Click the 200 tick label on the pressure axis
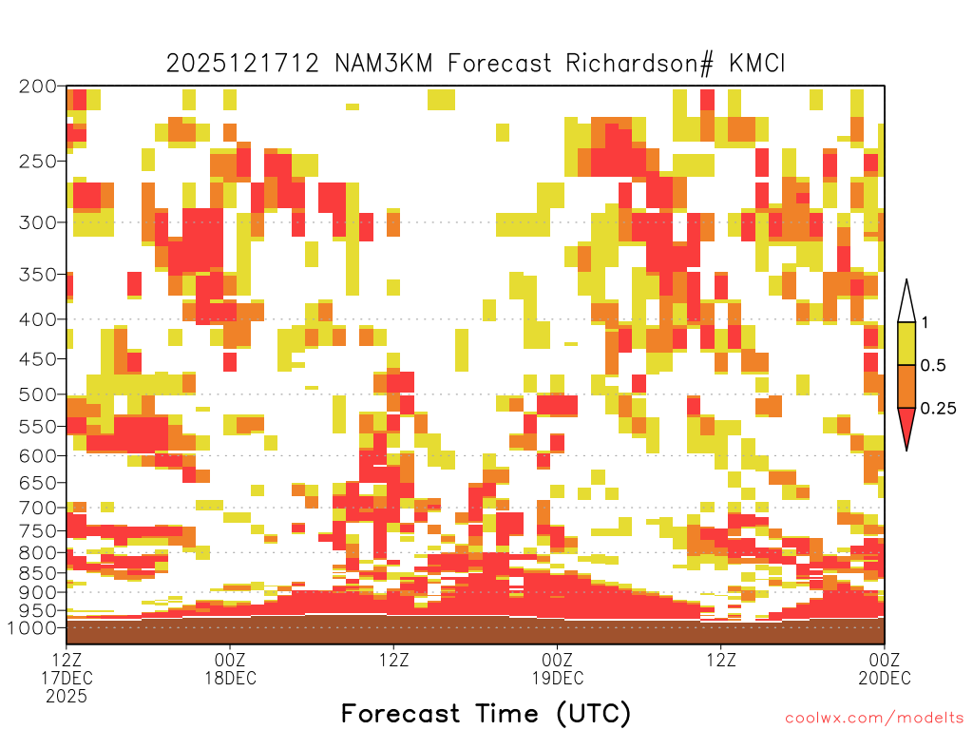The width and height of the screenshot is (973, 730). click(38, 86)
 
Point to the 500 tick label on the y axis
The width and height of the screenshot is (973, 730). click(38, 394)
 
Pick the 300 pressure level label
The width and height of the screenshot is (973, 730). click(38, 222)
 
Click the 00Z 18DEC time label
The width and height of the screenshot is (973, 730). click(230, 668)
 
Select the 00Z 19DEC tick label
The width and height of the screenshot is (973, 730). click(557, 668)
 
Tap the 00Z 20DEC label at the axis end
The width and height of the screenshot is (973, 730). click(885, 668)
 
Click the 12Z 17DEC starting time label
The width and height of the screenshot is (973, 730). click(67, 668)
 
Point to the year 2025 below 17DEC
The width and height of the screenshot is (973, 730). click(67, 697)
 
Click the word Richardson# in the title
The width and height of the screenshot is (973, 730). click(639, 64)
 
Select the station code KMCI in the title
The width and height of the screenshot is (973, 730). click(757, 64)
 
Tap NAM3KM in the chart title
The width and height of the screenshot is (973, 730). click(384, 64)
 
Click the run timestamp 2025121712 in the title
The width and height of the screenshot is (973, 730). click(242, 64)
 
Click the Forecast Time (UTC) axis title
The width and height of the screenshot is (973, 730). click(486, 713)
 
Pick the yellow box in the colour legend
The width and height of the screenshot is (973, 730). click(906, 343)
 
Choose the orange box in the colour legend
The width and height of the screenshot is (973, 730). click(906, 386)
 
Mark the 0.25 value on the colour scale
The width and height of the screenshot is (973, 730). click(938, 409)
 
